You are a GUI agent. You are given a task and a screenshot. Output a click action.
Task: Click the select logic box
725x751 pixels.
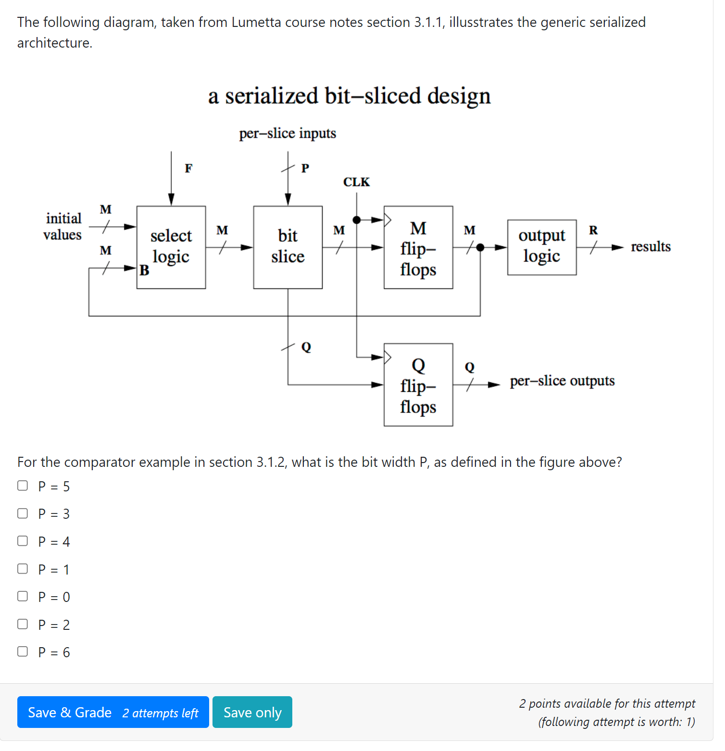point(171,247)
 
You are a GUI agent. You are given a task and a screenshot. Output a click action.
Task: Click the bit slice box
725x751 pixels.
point(287,247)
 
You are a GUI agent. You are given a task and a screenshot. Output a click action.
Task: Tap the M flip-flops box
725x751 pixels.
point(418,247)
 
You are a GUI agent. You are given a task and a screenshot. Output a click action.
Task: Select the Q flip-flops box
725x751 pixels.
point(418,385)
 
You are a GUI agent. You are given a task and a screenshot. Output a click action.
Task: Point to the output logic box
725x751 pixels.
point(541,247)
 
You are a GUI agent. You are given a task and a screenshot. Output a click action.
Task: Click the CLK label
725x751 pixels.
point(356,182)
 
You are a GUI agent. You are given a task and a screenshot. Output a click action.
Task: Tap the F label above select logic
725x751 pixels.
point(188,168)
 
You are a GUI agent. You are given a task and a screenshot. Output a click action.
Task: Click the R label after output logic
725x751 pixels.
point(593,230)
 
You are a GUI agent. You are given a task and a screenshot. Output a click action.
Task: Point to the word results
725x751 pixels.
point(650,247)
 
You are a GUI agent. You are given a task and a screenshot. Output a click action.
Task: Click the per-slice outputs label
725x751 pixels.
point(562,381)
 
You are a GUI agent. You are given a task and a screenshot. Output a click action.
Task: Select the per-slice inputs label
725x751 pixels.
point(287,133)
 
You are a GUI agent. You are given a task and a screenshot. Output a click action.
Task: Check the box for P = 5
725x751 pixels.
point(23,486)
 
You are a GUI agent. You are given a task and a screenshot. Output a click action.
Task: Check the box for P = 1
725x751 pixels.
point(23,569)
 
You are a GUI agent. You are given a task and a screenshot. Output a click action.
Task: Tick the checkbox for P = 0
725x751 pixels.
point(23,596)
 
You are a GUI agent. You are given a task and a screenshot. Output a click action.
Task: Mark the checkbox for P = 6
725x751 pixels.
point(23,651)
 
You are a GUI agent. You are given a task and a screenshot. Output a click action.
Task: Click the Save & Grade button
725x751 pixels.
point(113,712)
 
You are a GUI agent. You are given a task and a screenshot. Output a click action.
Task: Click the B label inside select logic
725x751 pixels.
point(144,271)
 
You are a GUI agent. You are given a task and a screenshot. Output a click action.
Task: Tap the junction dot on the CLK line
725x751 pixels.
point(356,220)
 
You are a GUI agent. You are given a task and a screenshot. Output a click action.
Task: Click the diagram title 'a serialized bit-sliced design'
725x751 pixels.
point(349,96)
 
